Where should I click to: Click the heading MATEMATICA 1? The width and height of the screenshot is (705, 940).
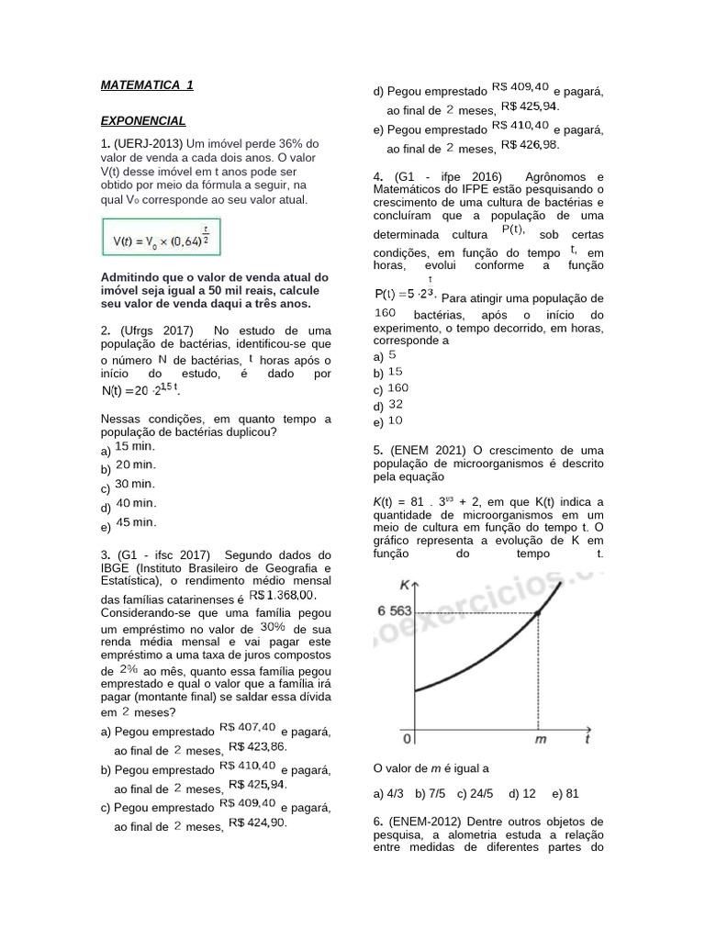point(147,85)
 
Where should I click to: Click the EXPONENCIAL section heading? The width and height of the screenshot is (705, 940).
point(143,120)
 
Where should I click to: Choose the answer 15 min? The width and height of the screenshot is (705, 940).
point(135,446)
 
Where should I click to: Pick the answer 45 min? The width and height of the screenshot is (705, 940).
point(136,522)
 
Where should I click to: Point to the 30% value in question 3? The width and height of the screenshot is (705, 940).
point(274,626)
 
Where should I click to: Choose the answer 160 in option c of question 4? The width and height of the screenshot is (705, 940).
point(397,387)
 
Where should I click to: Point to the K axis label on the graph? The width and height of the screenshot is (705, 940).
point(405,585)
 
